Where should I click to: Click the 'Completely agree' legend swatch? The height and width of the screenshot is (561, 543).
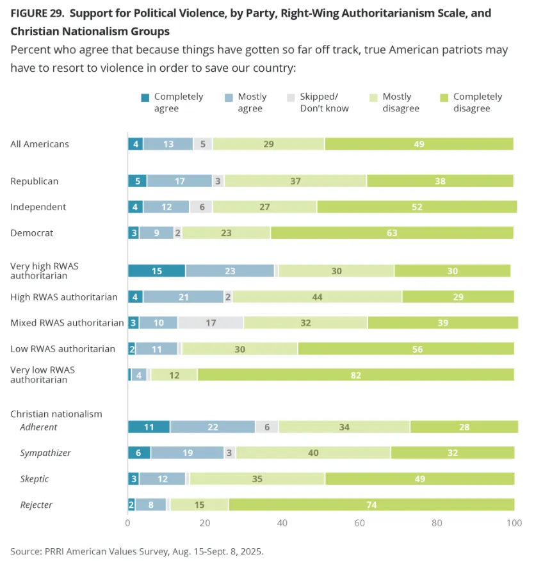point(145,97)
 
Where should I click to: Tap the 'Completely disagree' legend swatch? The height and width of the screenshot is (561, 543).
point(444,97)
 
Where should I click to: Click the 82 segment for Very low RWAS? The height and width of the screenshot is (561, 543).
point(355,375)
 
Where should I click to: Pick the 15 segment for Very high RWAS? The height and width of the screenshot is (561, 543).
point(156,271)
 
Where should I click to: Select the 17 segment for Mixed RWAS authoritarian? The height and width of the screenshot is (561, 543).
point(210,323)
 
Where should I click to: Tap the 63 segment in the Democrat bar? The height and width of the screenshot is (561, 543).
point(391,233)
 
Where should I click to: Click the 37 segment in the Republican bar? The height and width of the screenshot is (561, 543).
point(295,181)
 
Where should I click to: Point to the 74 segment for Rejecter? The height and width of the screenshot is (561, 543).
point(371,505)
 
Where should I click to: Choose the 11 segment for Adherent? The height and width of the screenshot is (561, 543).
point(149,427)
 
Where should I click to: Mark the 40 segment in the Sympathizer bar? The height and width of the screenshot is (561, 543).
point(313,453)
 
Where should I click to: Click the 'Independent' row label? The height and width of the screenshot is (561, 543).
point(38,207)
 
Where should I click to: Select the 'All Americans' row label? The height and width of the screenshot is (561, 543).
point(40,144)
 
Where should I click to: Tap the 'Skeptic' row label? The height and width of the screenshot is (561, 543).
point(35,479)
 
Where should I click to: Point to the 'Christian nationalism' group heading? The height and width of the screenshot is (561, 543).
point(56,414)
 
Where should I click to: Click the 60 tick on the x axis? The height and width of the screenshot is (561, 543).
point(360,523)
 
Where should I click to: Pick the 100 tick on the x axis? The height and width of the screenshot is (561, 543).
point(514,523)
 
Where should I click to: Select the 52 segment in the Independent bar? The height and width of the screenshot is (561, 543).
point(417,207)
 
